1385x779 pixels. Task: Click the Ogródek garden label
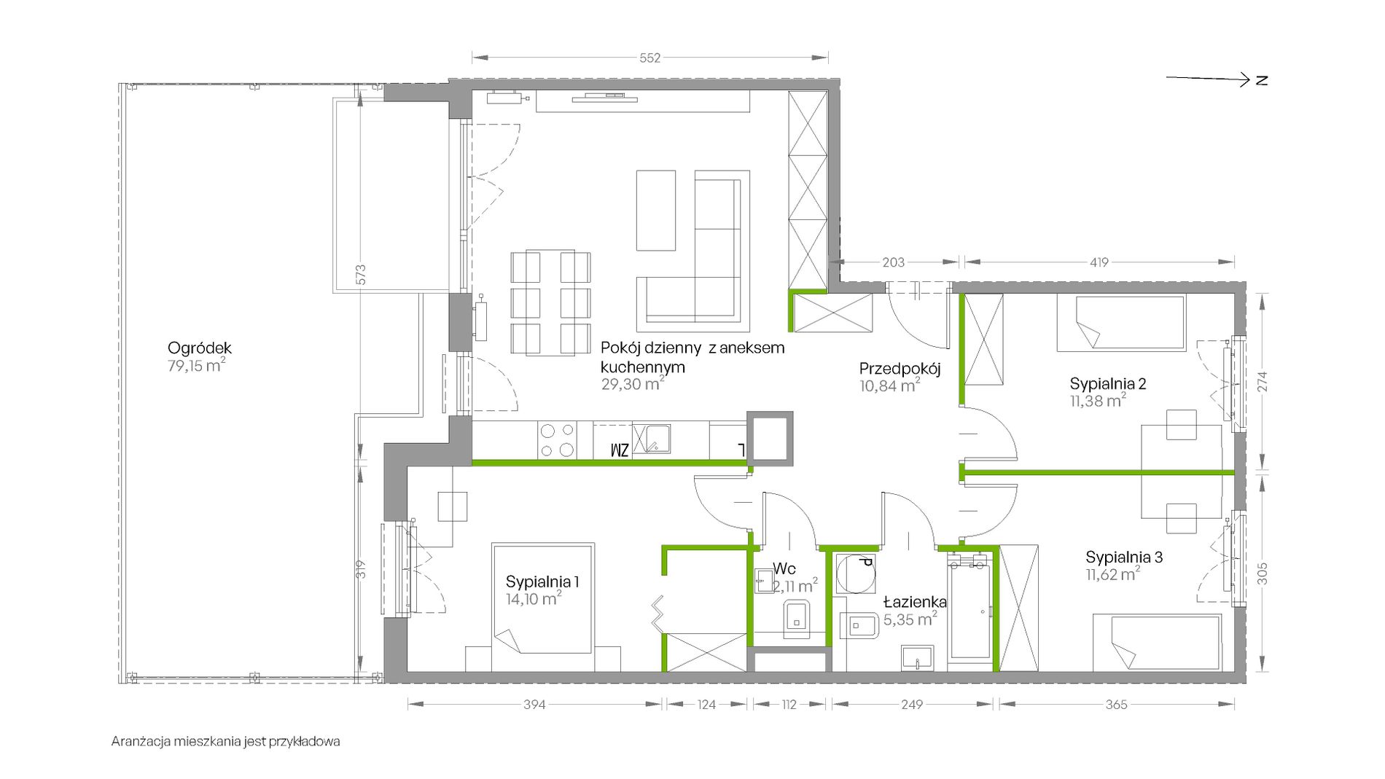pos(199,348)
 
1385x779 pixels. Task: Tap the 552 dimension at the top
pos(649,58)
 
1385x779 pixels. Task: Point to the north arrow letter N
pos(1262,80)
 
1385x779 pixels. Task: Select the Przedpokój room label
pos(900,369)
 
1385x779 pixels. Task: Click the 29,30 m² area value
pos(632,384)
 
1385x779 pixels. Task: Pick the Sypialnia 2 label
pos(1107,383)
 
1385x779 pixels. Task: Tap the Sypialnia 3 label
pos(1124,557)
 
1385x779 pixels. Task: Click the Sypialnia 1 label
pos(542,582)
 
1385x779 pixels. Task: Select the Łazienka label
pos(915,602)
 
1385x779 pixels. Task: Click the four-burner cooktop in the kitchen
pos(556,441)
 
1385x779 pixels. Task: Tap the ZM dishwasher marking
pos(620,450)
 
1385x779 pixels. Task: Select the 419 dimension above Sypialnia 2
pos(1099,262)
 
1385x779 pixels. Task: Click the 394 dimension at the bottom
pos(534,705)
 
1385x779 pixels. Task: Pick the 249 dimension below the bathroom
pos(911,705)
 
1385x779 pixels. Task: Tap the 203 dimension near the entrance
pos(893,262)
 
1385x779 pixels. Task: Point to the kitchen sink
pos(651,439)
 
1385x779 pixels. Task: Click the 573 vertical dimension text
pos(361,275)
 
